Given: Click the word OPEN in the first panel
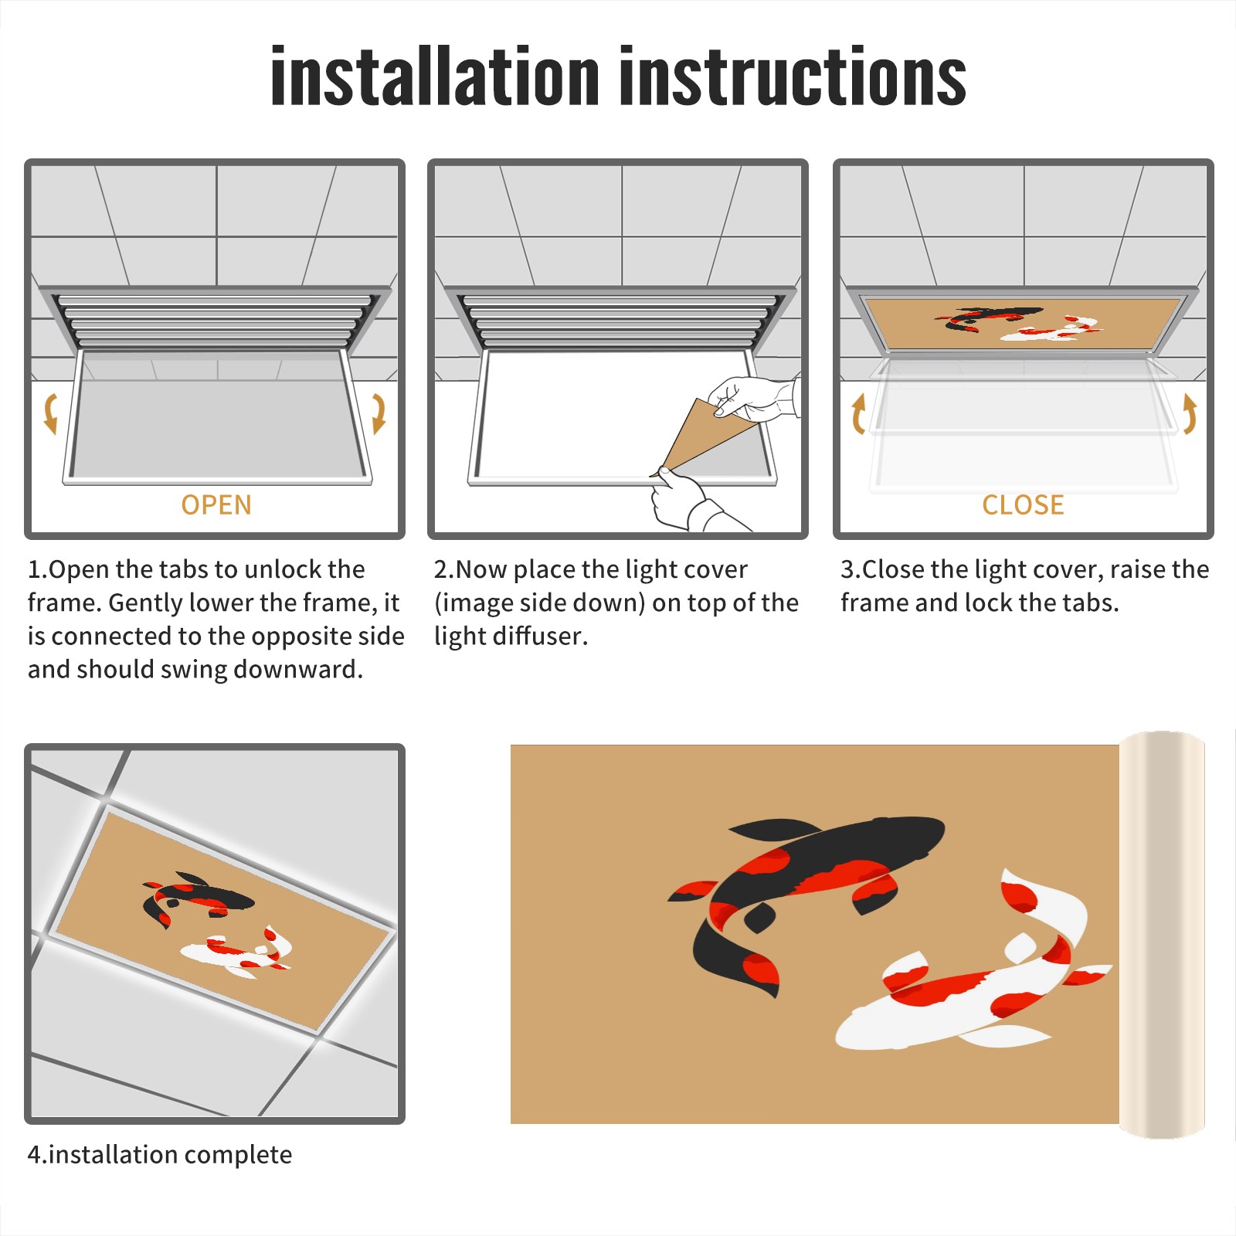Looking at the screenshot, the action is click(x=216, y=505).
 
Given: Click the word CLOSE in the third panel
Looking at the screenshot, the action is click(x=1023, y=505).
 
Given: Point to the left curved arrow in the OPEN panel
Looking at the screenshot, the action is click(x=50, y=413).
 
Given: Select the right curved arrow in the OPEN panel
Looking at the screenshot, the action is click(x=379, y=413).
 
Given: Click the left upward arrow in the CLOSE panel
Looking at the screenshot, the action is click(x=857, y=413).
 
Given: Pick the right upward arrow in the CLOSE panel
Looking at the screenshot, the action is click(x=1190, y=413).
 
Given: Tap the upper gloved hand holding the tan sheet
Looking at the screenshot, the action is click(x=753, y=398).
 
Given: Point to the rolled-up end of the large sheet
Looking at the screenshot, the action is click(x=1162, y=935).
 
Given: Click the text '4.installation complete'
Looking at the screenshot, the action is click(x=160, y=1154).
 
